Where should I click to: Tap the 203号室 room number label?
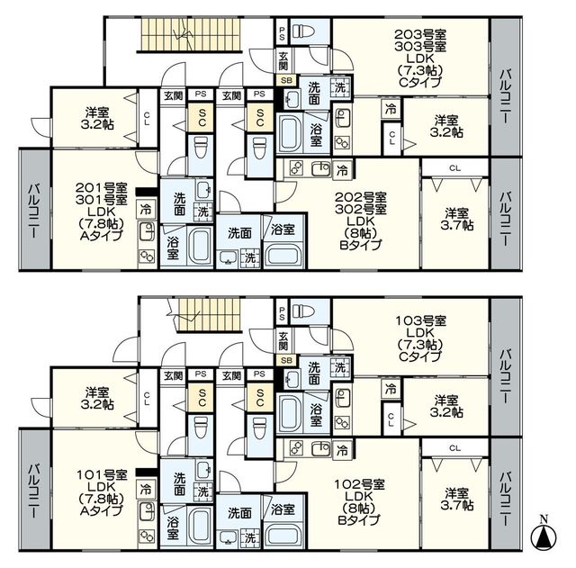(x=420, y=35)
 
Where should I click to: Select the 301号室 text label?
(x=102, y=200)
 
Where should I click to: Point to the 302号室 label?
(x=360, y=210)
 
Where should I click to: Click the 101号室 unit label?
(x=102, y=475)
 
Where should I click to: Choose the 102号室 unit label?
(x=360, y=484)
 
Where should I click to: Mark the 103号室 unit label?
(x=420, y=321)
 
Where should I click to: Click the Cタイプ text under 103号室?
(x=420, y=356)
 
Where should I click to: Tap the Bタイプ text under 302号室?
(x=360, y=244)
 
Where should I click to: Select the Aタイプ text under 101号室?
(x=102, y=510)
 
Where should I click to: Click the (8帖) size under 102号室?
(x=360, y=508)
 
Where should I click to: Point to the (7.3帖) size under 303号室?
(x=420, y=70)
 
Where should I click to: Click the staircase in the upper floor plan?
(x=189, y=35)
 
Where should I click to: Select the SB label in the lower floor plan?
(x=286, y=360)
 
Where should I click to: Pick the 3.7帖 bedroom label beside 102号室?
(x=457, y=499)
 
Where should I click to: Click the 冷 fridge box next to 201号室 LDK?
(x=146, y=210)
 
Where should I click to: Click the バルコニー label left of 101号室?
(x=34, y=491)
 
